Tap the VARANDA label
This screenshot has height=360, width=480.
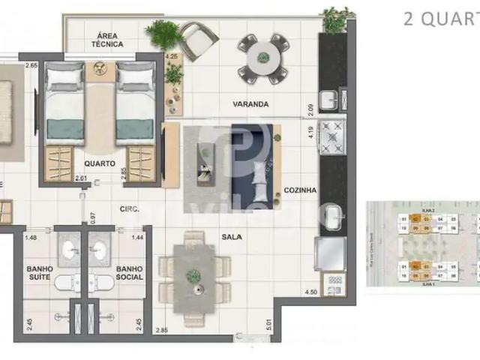tap(250, 104)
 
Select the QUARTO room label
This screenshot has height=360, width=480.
tap(100, 163)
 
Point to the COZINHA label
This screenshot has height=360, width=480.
tap(300, 190)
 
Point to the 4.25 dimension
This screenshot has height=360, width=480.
tap(171, 57)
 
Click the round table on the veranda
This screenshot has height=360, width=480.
tap(262, 58)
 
